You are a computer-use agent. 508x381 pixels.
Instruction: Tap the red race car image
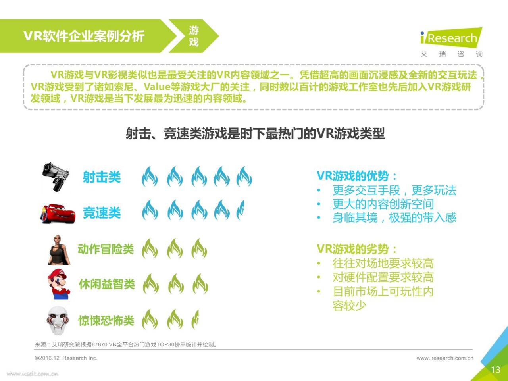pyautogui.click(x=58, y=214)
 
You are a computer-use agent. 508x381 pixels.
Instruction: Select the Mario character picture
pyautogui.click(x=59, y=284)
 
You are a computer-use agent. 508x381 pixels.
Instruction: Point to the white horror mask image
pyautogui.click(x=58, y=320)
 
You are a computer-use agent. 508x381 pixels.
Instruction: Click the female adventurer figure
pyautogui.click(x=59, y=250)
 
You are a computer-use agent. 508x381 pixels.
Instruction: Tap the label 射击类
pyautogui.click(x=102, y=177)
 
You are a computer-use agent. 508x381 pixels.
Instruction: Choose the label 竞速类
pyautogui.click(x=102, y=213)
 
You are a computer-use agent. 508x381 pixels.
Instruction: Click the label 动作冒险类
pyautogui.click(x=106, y=249)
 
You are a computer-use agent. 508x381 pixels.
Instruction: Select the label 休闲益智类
pyautogui.click(x=107, y=284)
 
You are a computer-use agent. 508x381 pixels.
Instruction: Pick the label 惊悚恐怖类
pyautogui.click(x=106, y=321)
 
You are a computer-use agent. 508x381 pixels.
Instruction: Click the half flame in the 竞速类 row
pyautogui.click(x=241, y=210)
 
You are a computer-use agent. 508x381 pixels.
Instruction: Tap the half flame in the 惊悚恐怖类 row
pyautogui.click(x=195, y=319)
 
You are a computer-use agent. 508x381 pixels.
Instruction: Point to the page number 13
pyautogui.click(x=496, y=369)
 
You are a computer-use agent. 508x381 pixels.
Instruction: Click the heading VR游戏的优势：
pyautogui.click(x=357, y=176)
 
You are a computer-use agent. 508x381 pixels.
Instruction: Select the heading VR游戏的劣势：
pyautogui.click(x=357, y=249)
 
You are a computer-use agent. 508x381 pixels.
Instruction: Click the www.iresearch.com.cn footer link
pyautogui.click(x=445, y=358)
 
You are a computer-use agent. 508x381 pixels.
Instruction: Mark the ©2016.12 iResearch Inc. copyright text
pyautogui.click(x=66, y=358)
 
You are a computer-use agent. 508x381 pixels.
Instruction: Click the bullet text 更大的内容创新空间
pyautogui.click(x=383, y=204)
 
